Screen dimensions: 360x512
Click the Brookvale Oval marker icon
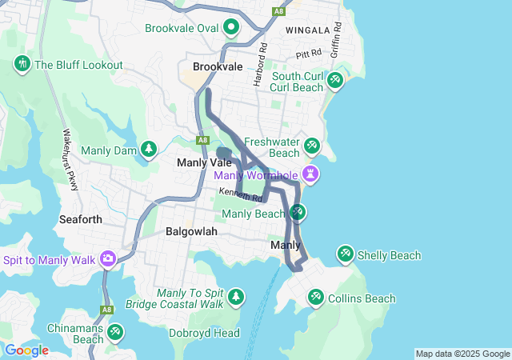(x=231, y=28)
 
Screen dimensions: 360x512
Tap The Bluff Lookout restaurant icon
(x=22, y=65)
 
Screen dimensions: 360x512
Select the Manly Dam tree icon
(x=148, y=148)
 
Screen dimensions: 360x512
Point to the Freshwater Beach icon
(x=312, y=146)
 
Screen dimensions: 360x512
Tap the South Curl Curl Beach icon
(x=335, y=81)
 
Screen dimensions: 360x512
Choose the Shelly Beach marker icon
(x=345, y=255)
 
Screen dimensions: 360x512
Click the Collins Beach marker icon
(x=315, y=298)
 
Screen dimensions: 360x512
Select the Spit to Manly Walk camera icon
(x=107, y=259)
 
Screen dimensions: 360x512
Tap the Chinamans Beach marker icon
(x=115, y=331)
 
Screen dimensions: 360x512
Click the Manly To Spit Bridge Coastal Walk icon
(x=235, y=298)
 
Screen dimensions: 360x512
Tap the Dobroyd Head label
(x=204, y=333)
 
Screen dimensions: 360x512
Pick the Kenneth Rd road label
(x=241, y=193)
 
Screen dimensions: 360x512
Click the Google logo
(x=26, y=350)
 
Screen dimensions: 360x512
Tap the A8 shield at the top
(x=278, y=11)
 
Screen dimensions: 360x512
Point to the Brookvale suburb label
(x=218, y=67)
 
